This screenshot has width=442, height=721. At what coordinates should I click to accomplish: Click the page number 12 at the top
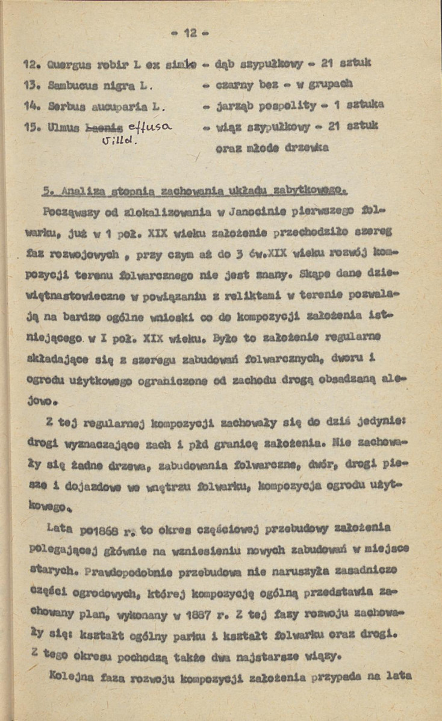pos(191,34)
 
